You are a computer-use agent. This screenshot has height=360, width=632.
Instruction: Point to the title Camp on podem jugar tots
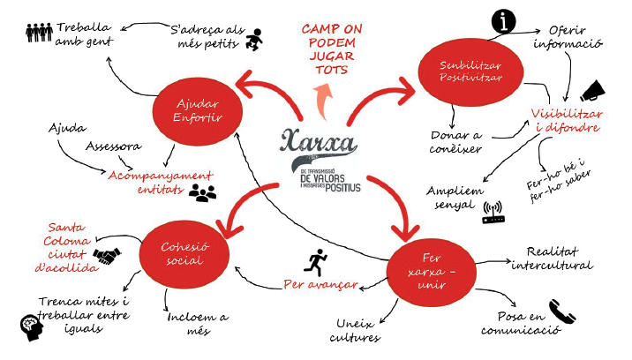pos(331,49)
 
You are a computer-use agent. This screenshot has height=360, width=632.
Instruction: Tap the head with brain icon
pos(31,326)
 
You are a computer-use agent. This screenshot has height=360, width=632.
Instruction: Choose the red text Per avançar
pos(320,285)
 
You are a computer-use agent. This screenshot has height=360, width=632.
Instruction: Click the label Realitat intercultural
pos(553,259)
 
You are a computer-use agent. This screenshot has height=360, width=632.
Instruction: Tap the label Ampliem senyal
pos(456,197)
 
